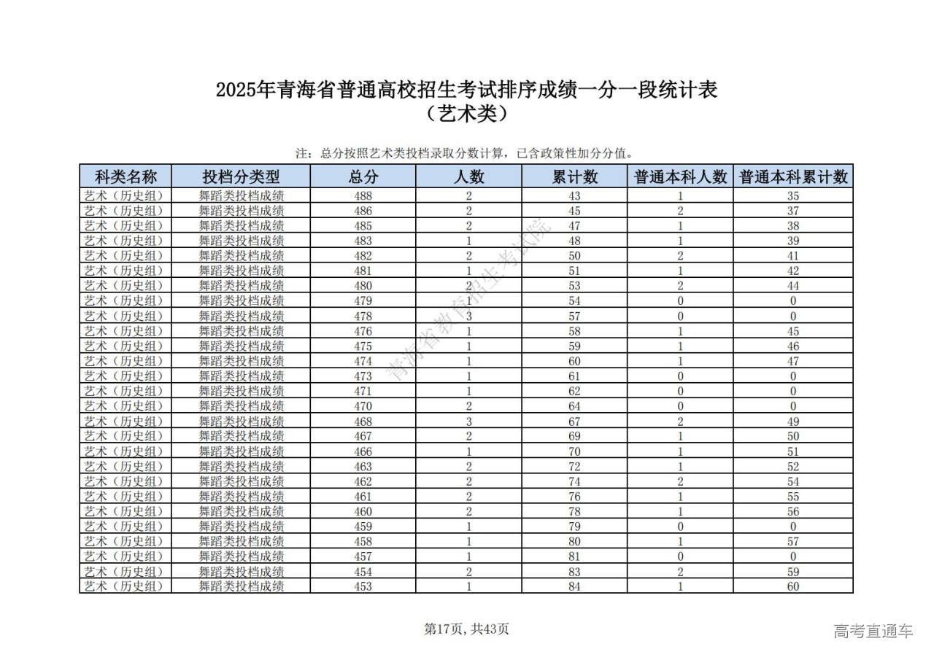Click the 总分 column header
point(363,176)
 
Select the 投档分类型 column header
point(241,176)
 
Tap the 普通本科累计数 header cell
point(793,176)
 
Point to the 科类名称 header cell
point(126,176)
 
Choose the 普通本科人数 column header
point(680,176)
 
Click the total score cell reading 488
point(363,195)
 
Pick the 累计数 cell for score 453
point(574,586)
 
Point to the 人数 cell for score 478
point(468,316)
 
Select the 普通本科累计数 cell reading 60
point(793,586)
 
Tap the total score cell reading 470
point(363,406)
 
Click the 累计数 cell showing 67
point(574,421)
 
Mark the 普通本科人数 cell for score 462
point(680,481)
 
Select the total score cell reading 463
point(363,466)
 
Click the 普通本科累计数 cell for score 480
point(793,286)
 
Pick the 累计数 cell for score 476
point(574,331)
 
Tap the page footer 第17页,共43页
point(467,629)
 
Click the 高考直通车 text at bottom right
point(873,631)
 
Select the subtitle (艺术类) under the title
point(467,114)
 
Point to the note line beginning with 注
point(464,154)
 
